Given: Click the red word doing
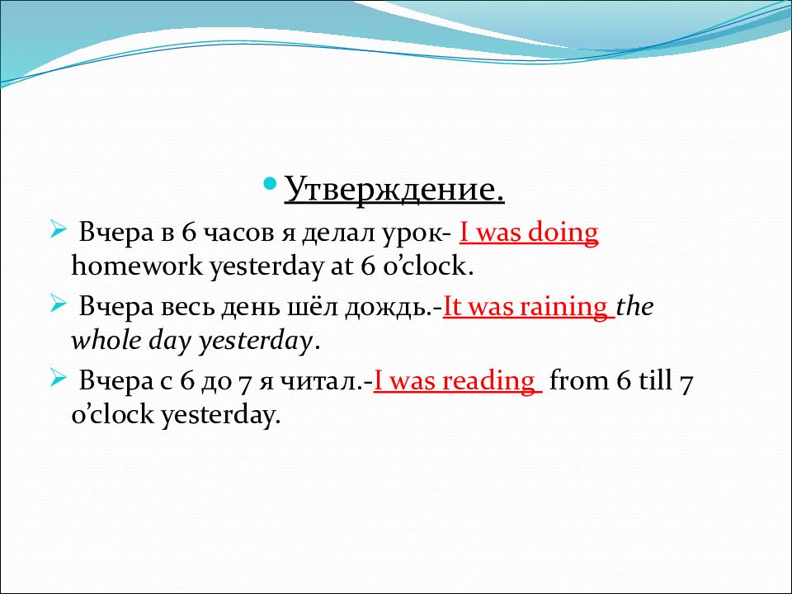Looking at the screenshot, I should (563, 233).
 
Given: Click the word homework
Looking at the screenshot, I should (138, 268).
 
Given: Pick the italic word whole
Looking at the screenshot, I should (106, 342).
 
